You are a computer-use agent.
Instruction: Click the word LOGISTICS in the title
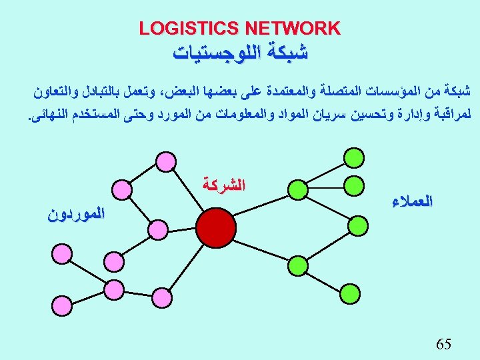point(189,29)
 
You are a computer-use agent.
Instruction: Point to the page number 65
point(443,344)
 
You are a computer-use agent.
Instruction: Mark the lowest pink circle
point(114,290)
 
